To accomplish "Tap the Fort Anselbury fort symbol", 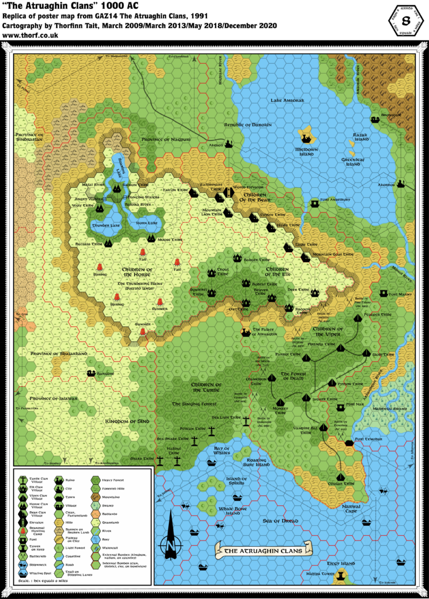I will [x=315, y=203].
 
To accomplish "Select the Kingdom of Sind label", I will [x=127, y=421].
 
